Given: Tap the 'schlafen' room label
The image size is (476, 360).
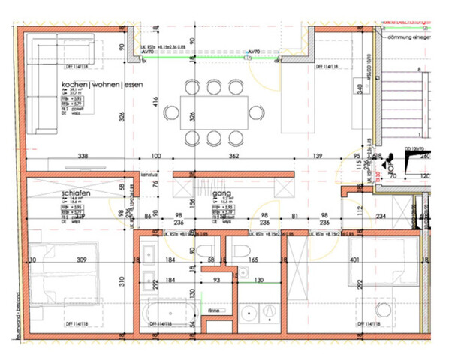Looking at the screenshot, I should coord(77,193).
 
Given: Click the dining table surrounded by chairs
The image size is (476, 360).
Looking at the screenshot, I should coord(213,112).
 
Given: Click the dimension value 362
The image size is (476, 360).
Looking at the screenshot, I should coord(233,157).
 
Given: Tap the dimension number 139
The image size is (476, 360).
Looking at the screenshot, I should coord(318,157).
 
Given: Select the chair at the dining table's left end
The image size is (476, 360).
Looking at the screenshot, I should coord(171,113).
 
